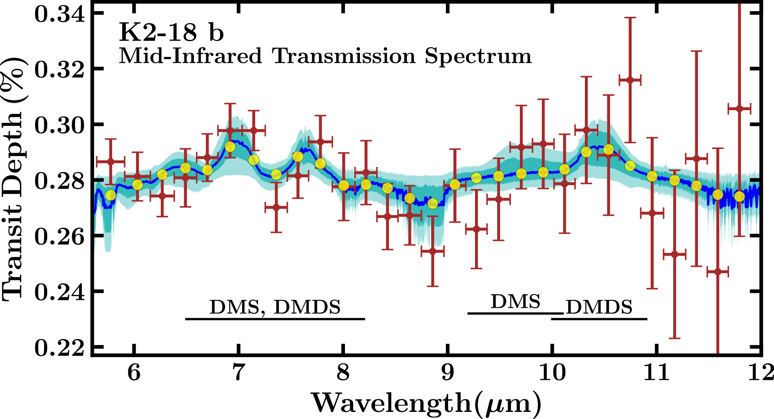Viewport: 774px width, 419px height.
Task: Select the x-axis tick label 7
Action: (238, 372)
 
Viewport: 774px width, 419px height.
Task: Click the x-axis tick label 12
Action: (761, 372)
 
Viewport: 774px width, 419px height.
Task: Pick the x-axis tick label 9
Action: (448, 372)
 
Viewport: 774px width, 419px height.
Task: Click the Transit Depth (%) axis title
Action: (13, 179)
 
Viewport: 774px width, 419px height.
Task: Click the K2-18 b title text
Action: (171, 32)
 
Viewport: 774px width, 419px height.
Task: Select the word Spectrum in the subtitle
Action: (478, 57)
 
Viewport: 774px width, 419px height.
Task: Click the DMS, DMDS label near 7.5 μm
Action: (275, 307)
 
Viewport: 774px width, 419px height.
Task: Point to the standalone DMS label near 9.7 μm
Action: (515, 302)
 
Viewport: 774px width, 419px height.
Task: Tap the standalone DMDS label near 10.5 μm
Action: (599, 307)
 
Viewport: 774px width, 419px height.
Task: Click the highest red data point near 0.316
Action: (630, 80)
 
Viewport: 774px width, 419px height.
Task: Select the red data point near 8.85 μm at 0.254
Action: (432, 251)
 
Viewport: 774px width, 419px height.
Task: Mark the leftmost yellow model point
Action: (111, 195)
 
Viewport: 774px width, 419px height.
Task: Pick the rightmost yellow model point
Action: (739, 196)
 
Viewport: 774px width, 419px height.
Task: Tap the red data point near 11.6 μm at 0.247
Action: (718, 272)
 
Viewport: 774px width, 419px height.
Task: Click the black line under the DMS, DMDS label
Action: (275, 319)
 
